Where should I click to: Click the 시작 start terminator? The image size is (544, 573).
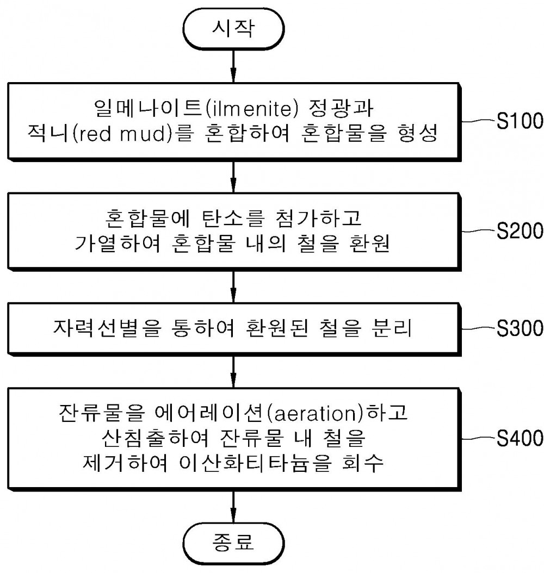click(233, 28)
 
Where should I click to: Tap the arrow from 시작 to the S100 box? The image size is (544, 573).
click(233, 66)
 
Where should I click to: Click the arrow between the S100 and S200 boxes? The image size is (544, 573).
click(233, 177)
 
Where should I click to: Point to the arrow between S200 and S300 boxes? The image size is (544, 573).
click(233, 287)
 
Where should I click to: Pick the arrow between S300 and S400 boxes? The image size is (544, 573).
click(233, 372)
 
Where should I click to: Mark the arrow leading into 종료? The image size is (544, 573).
click(233, 507)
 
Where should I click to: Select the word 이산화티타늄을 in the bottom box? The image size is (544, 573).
click(255, 463)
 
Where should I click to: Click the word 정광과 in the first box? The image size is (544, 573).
click(342, 108)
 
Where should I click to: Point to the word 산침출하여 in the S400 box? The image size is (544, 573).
click(156, 438)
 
